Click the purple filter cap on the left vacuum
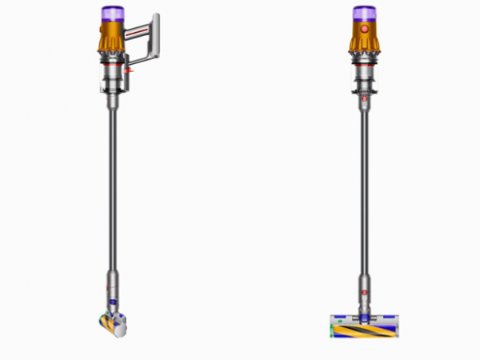click(x=111, y=13)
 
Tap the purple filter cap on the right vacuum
click(x=364, y=13)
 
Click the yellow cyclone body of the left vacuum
click(x=111, y=36)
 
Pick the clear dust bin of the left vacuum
click(x=111, y=78)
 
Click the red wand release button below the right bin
click(x=364, y=101)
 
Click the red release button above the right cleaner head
click(x=364, y=293)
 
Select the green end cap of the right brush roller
click(x=330, y=327)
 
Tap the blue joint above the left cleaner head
click(x=113, y=302)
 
